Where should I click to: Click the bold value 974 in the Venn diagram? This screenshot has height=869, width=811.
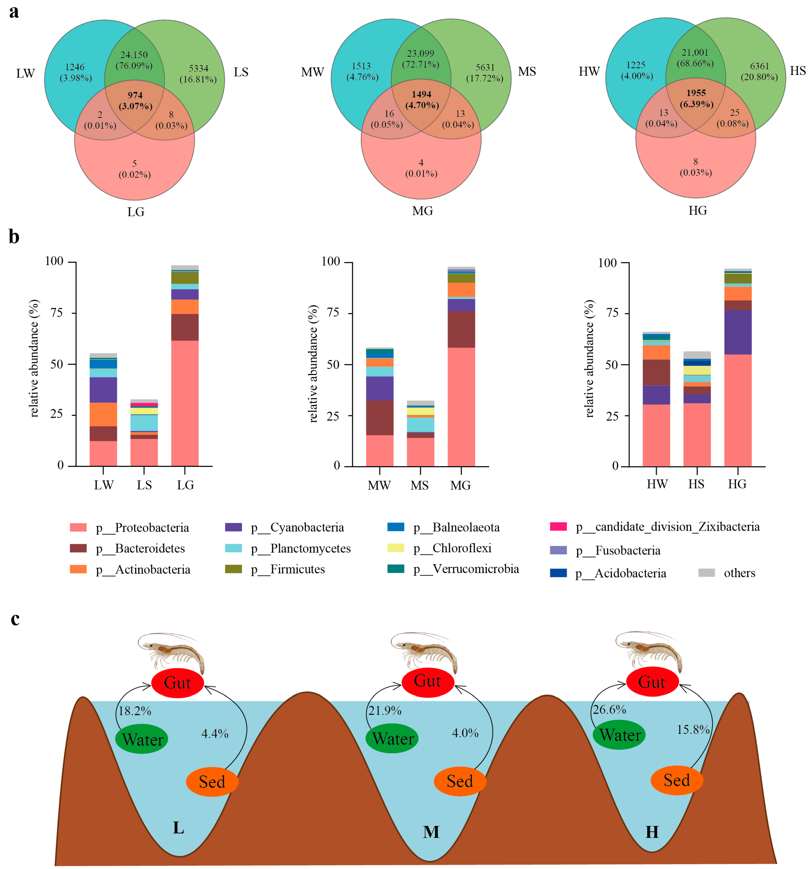coord(135,95)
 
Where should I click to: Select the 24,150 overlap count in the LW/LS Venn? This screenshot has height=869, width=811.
coord(134,55)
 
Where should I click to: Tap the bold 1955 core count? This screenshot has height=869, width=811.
coord(696,93)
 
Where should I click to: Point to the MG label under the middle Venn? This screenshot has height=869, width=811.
coord(422,211)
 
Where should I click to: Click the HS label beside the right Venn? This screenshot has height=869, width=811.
coord(798,71)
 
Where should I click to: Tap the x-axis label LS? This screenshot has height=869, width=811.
coord(144,485)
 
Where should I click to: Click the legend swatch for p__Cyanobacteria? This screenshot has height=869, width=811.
coord(233,527)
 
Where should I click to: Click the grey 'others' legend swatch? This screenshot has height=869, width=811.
coord(706,573)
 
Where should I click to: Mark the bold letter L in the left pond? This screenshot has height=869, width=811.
coord(178,827)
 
